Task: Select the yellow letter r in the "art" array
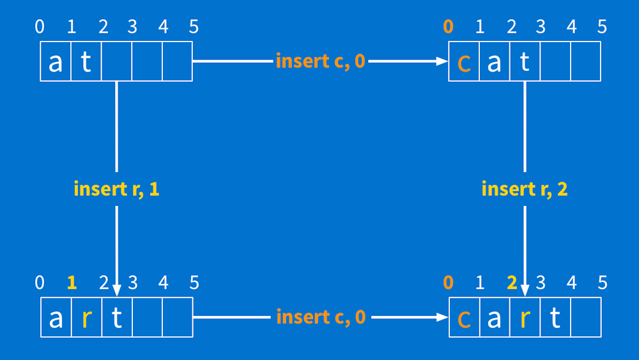tap(86, 318)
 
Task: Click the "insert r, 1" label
tap(116, 189)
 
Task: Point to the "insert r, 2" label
tap(524, 189)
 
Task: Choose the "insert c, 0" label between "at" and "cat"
tap(320, 61)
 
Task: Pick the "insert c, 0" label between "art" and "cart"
tap(321, 317)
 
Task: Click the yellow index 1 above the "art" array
tap(72, 283)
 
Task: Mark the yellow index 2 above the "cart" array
tap(511, 283)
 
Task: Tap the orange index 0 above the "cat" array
tap(449, 27)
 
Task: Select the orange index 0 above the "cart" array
tap(449, 283)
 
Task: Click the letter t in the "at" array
tap(86, 63)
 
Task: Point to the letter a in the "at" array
tap(56, 63)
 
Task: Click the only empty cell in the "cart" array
tap(585, 317)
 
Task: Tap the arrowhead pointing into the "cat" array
tap(441, 61)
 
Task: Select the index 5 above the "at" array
tap(194, 27)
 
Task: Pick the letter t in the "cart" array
tap(555, 318)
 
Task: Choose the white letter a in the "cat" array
tap(494, 63)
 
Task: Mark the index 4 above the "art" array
tap(164, 283)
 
